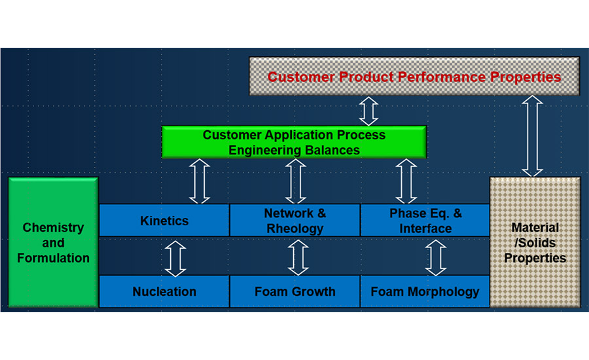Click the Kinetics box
tap(164, 220)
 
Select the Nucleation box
tap(164, 291)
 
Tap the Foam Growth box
tap(295, 291)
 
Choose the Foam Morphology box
tap(425, 291)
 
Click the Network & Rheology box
tap(295, 220)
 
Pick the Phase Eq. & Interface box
tap(425, 220)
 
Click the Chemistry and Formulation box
tap(54, 242)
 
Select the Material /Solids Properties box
tap(535, 242)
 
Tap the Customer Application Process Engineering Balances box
tap(294, 142)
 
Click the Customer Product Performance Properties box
tap(414, 77)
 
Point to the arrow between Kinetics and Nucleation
tap(175, 259)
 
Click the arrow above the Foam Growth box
tap(298, 258)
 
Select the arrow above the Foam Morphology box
tap(436, 258)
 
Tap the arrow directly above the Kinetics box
tap(200, 181)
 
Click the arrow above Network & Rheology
tap(296, 181)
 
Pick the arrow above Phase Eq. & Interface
tap(406, 181)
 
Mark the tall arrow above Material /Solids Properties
tap(532, 136)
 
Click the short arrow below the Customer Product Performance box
tap(368, 111)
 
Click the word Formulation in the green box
tap(54, 258)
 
